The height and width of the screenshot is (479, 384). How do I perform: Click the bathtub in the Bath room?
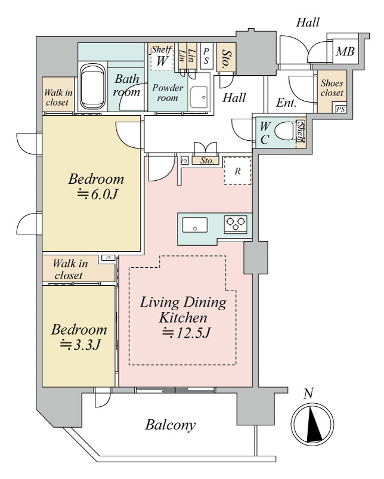click(x=93, y=86)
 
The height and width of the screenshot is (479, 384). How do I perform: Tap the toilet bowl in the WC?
click(x=286, y=132)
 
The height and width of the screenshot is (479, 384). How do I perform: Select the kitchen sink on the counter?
click(x=195, y=225)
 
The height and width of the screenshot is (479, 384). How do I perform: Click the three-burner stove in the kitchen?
click(x=236, y=224)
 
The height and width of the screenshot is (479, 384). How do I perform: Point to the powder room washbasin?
click(x=199, y=97)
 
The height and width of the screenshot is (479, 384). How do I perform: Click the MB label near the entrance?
click(x=345, y=51)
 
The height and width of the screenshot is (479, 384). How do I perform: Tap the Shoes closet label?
click(x=332, y=88)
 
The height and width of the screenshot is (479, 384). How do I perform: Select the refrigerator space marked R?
click(x=237, y=171)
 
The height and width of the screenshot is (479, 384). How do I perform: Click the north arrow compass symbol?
click(x=312, y=424)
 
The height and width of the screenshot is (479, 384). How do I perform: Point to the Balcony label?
click(x=171, y=425)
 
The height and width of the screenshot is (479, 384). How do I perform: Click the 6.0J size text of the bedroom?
click(x=97, y=194)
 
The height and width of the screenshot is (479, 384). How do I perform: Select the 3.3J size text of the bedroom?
click(x=80, y=345)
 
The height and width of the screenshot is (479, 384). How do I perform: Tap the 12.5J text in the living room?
click(x=186, y=333)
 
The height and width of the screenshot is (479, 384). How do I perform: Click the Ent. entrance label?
click(x=286, y=103)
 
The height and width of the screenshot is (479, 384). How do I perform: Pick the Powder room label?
click(x=168, y=93)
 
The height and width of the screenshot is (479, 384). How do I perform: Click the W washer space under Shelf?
click(x=162, y=60)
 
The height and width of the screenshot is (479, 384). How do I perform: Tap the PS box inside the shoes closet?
click(x=340, y=109)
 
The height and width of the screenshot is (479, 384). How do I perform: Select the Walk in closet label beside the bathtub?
click(x=58, y=97)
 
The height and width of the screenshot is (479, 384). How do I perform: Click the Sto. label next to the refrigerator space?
click(x=207, y=160)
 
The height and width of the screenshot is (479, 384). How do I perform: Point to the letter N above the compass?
click(x=309, y=394)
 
